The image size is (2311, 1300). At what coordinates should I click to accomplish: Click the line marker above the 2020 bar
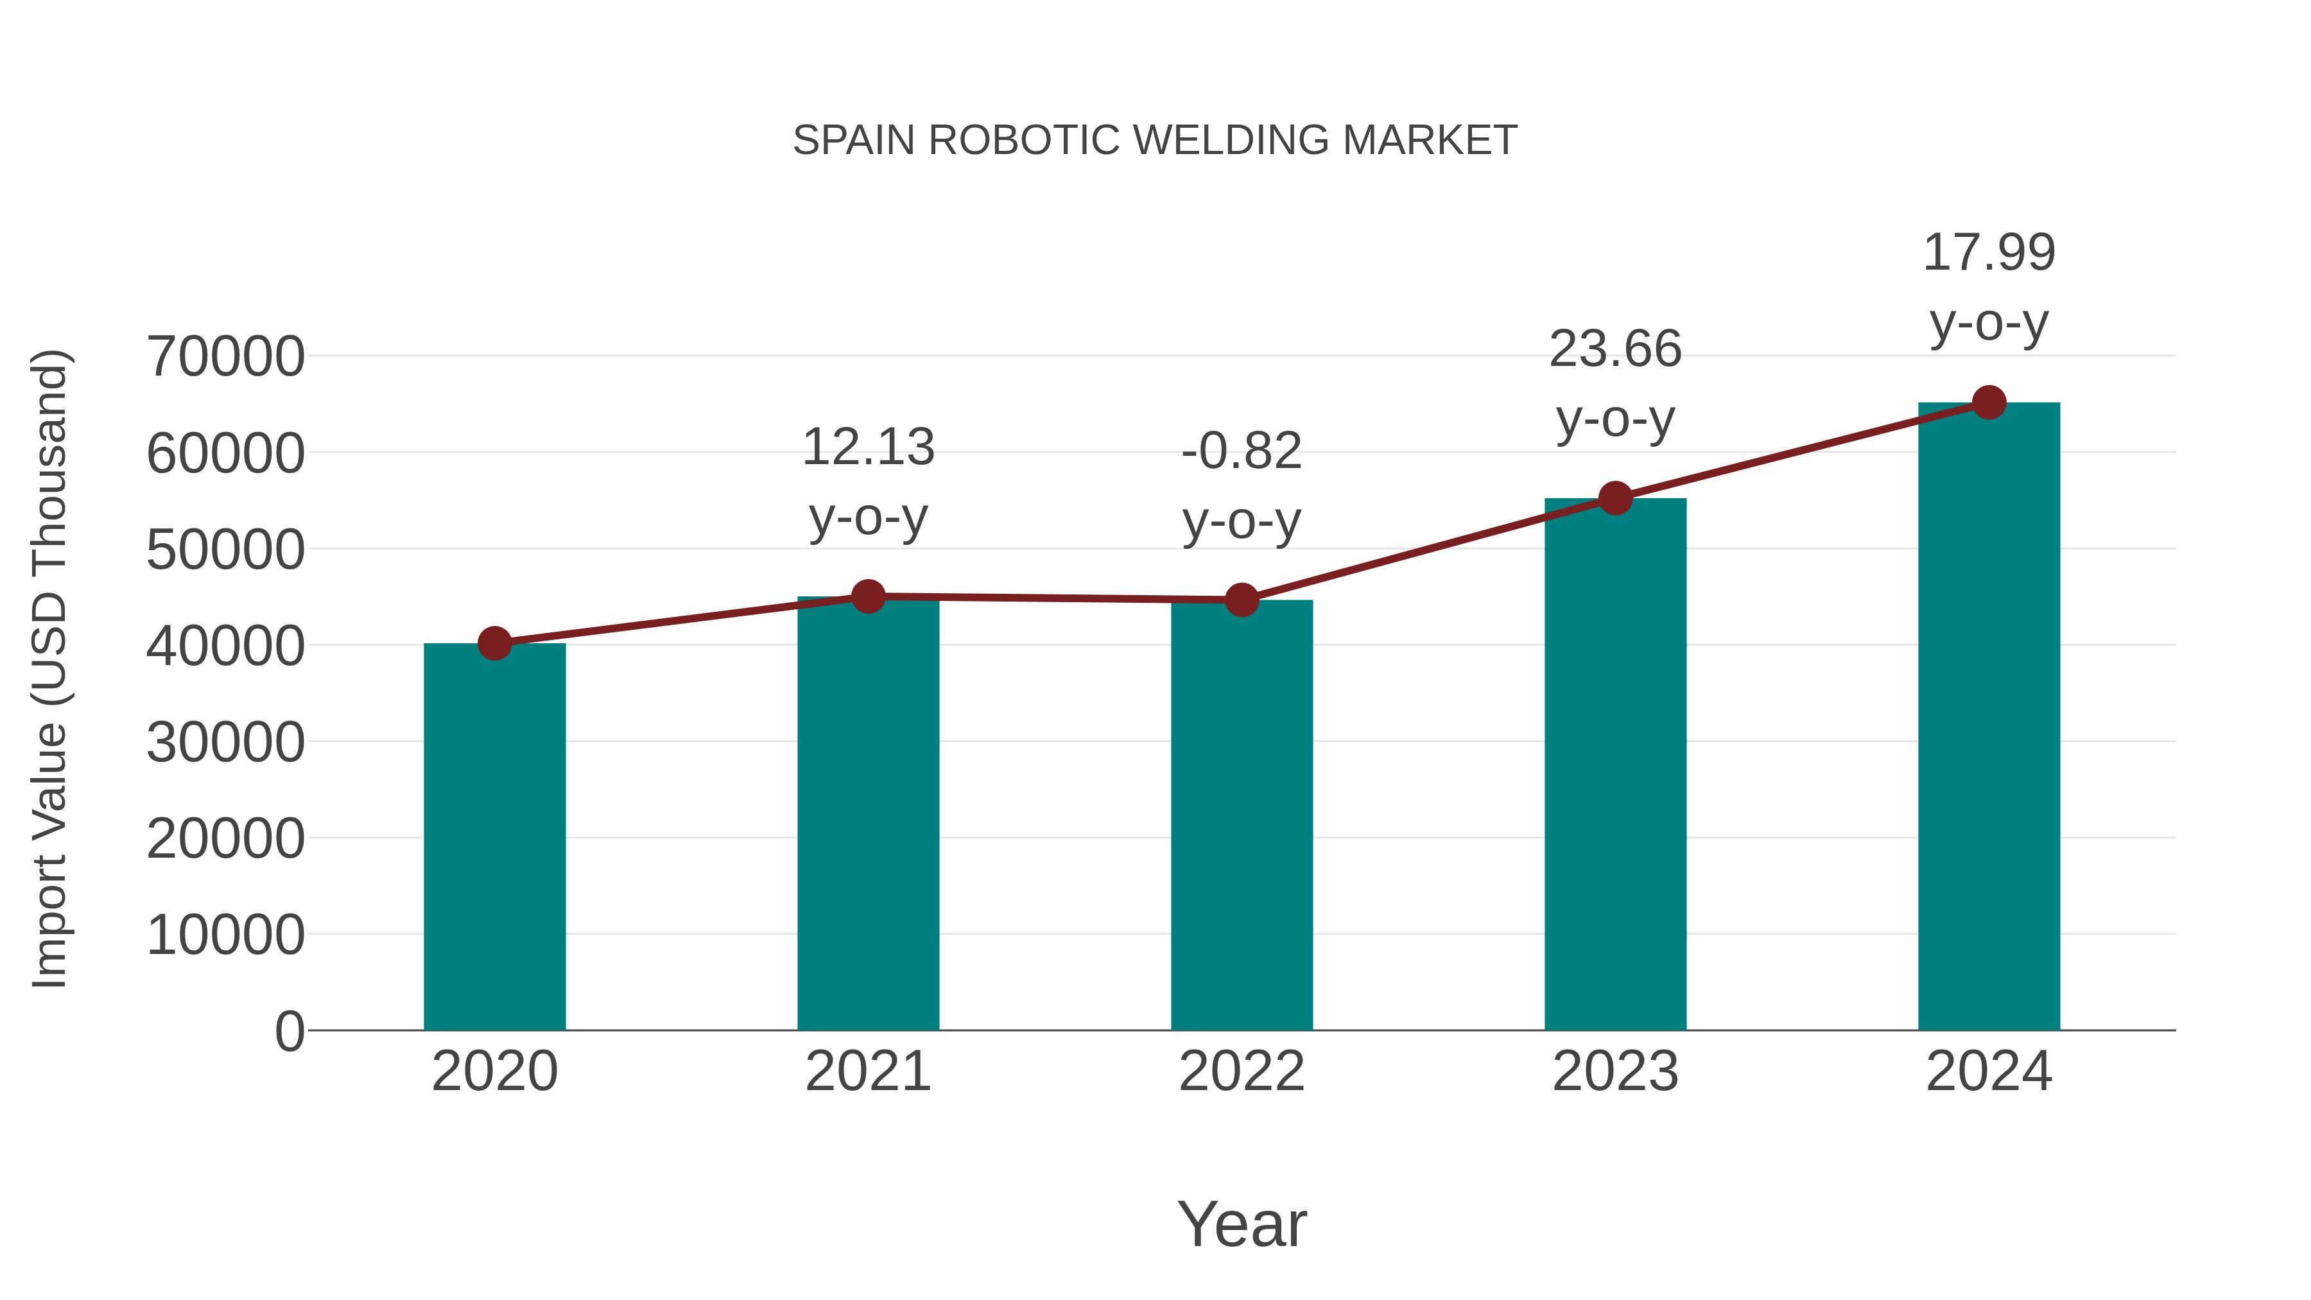click(x=494, y=643)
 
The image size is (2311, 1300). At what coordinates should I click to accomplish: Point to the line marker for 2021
click(x=867, y=596)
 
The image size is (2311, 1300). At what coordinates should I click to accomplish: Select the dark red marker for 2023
click(x=1615, y=498)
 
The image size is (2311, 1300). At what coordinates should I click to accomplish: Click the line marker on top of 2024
click(x=1989, y=403)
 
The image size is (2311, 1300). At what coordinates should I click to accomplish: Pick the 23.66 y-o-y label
click(x=1615, y=383)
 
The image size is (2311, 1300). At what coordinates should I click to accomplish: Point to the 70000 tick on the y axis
click(x=225, y=356)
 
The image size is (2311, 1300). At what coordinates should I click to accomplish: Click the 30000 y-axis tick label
click(x=225, y=742)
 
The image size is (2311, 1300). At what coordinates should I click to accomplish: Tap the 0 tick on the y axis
click(x=290, y=1031)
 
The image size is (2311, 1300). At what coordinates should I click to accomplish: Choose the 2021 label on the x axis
click(x=867, y=1071)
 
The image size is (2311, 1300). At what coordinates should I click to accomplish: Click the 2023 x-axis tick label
click(x=1615, y=1071)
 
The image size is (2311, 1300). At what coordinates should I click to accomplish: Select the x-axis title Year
click(x=1242, y=1224)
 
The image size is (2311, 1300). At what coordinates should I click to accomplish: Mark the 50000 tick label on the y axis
click(x=225, y=549)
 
